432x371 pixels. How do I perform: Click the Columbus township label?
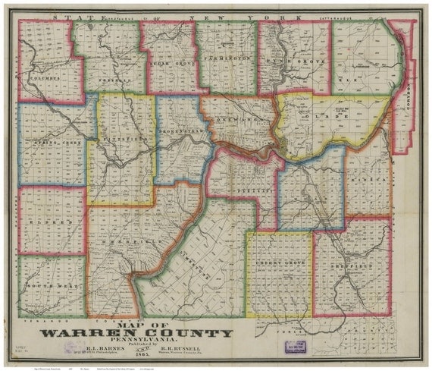coord(44,77)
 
